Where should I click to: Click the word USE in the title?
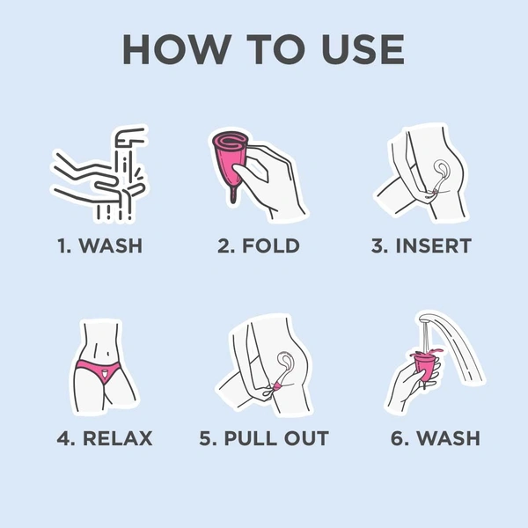pos(363,49)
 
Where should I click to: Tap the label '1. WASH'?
pos(100,246)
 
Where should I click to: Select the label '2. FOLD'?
pos(259,246)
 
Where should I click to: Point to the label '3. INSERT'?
pos(422,246)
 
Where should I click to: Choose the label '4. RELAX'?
pos(105,438)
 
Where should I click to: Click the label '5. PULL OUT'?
pos(264,438)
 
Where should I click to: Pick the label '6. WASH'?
pos(436,438)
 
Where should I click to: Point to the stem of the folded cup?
pos(232,194)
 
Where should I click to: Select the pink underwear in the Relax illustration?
pos(98,370)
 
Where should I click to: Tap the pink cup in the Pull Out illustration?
pos(278,385)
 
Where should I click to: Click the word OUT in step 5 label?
pos(306,438)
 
